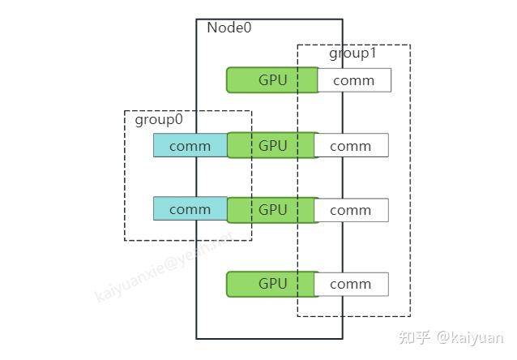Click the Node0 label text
[229, 28]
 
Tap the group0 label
[159, 120]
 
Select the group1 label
[352, 54]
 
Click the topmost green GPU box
[271, 79]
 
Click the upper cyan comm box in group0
[190, 146]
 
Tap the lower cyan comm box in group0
[190, 209]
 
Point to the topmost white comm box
[354, 80]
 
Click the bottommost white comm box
[351, 284]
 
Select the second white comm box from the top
[351, 146]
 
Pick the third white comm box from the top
[351, 210]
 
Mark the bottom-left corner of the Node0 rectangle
[196, 338]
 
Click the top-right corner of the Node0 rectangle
[342, 19]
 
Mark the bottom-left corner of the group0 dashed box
[125, 240]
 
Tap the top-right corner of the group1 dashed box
[410, 45]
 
